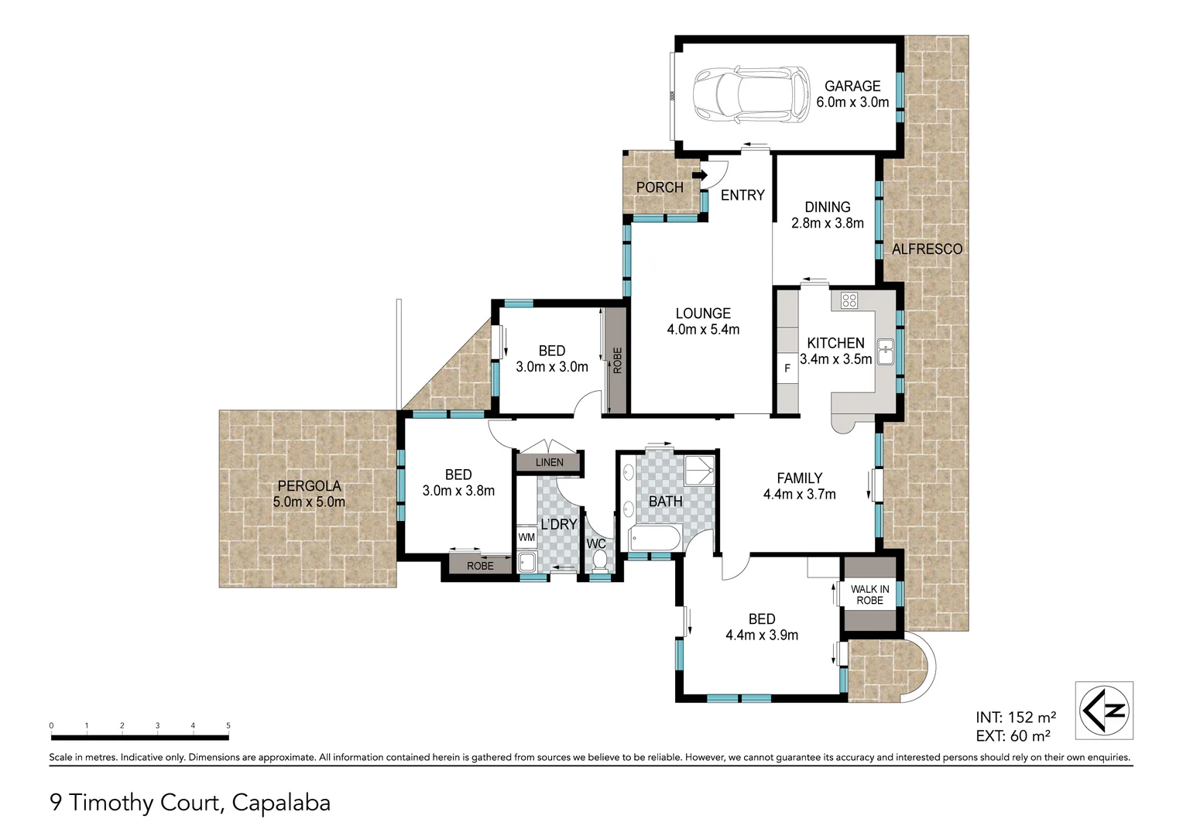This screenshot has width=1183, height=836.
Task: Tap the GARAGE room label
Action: pyautogui.click(x=852, y=87)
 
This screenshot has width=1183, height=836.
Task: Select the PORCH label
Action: pyautogui.click(x=660, y=187)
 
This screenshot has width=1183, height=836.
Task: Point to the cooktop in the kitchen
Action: pyautogui.click(x=849, y=300)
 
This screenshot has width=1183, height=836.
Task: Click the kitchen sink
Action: pyautogui.click(x=885, y=351)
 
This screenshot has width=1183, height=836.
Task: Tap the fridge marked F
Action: pyautogui.click(x=787, y=368)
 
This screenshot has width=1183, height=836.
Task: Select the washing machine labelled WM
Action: pyautogui.click(x=526, y=537)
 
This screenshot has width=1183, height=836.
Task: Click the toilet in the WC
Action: pyautogui.click(x=598, y=563)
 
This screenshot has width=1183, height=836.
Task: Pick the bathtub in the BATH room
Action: pyautogui.click(x=654, y=538)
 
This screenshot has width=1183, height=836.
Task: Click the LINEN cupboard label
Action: pyautogui.click(x=550, y=462)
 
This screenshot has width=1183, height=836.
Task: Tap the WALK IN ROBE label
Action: pyautogui.click(x=869, y=594)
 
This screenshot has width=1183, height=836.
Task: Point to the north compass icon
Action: pyautogui.click(x=1105, y=710)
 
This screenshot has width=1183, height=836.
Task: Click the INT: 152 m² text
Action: pyautogui.click(x=1015, y=718)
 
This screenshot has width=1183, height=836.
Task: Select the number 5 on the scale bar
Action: pyautogui.click(x=228, y=726)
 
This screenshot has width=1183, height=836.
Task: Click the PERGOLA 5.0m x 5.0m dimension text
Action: pyautogui.click(x=309, y=502)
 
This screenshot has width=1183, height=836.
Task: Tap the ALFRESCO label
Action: pyautogui.click(x=927, y=249)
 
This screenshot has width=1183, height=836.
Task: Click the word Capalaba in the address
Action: pyautogui.click(x=281, y=803)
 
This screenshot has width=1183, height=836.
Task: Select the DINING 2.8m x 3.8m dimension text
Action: pyautogui.click(x=827, y=223)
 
